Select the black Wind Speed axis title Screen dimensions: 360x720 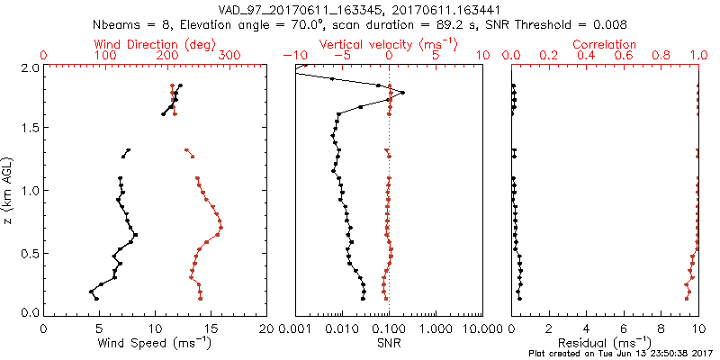point(156,343)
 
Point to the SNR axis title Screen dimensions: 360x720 point(388,343)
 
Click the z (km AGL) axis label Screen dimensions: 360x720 point(7,190)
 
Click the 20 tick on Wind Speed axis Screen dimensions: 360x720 point(266,329)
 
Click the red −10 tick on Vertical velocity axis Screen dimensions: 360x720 point(293,56)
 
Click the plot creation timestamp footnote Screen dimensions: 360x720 point(621,354)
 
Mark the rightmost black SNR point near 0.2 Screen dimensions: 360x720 point(403,92)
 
